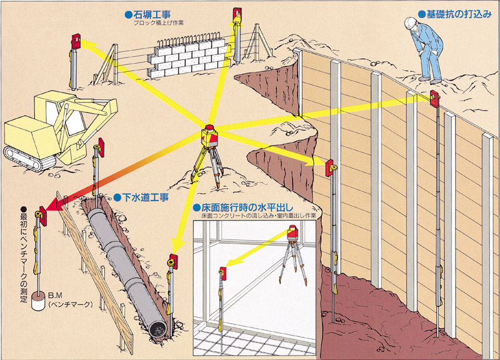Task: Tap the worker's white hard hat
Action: [411, 23]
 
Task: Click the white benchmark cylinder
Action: [38, 300]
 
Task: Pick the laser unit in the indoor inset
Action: [292, 232]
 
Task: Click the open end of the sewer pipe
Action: [159, 330]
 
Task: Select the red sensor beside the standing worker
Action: [434, 99]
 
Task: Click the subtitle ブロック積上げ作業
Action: [159, 23]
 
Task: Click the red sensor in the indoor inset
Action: [223, 274]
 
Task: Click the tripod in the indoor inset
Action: [292, 262]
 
